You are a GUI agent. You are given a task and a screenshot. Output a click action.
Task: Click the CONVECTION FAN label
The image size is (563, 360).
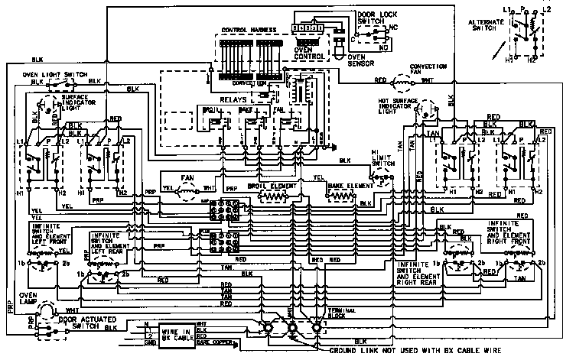429,70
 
